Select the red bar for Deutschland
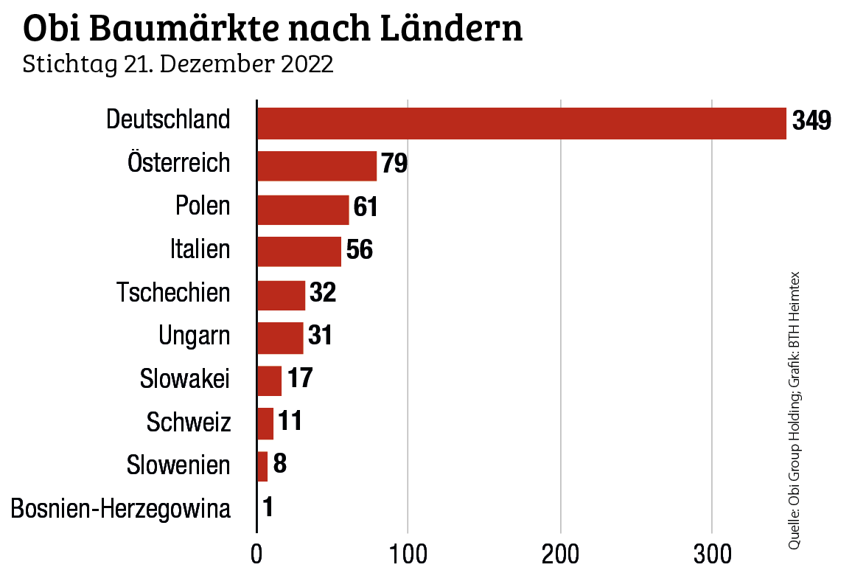(x=521, y=123)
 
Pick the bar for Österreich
(x=317, y=166)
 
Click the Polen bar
(x=303, y=209)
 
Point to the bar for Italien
(x=299, y=251)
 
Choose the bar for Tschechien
(x=281, y=295)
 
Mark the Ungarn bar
(x=280, y=338)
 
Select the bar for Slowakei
(x=269, y=381)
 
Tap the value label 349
(x=811, y=120)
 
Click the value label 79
(x=394, y=164)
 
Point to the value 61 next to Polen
(x=366, y=207)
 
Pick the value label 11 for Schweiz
(x=290, y=422)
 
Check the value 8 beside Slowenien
(x=279, y=465)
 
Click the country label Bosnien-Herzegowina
(x=121, y=509)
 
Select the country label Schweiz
(x=188, y=423)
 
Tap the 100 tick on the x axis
(x=408, y=554)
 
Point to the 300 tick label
(x=711, y=554)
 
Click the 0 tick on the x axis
(x=256, y=554)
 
